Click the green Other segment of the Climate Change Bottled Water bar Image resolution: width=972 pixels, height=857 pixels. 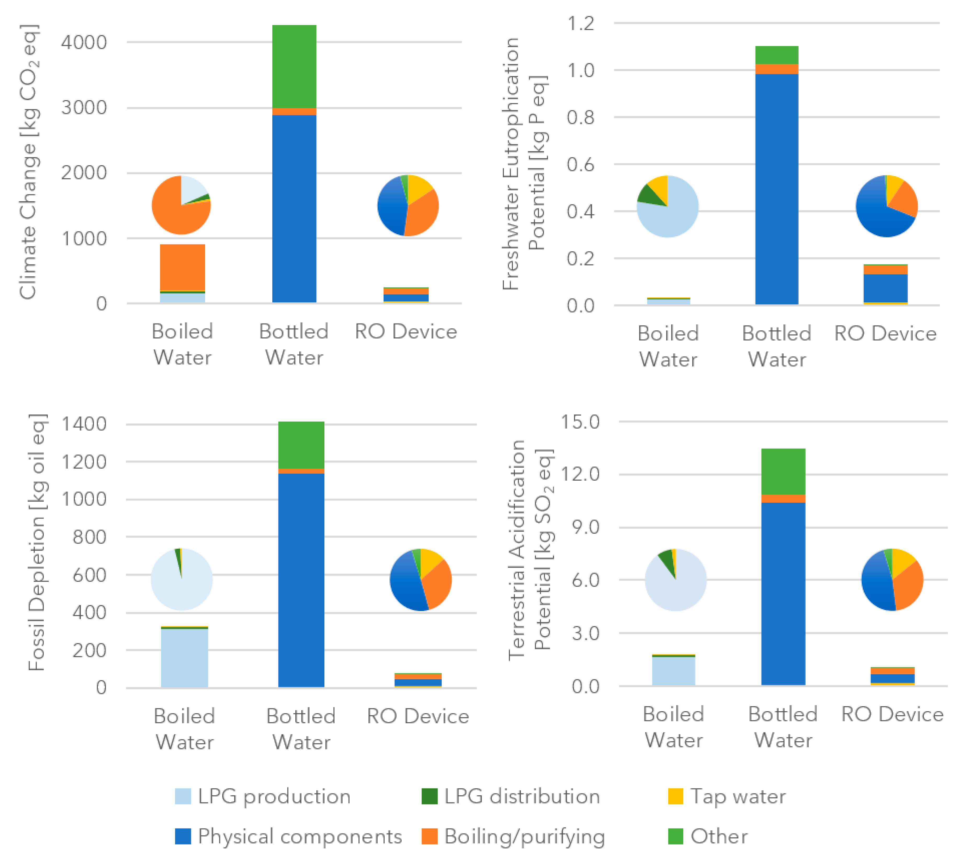[294, 66]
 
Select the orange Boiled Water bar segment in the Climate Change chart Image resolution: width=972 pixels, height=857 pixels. [183, 267]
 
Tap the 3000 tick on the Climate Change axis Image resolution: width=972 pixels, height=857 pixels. [84, 108]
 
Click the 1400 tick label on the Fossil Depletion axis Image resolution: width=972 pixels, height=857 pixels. [84, 424]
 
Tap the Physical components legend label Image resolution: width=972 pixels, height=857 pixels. [300, 836]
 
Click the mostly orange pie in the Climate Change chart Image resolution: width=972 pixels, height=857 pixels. [181, 205]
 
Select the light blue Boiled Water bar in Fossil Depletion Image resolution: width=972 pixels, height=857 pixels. [184, 658]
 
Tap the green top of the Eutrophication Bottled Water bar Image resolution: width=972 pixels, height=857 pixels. [777, 55]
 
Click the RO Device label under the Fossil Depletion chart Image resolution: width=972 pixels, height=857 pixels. [418, 716]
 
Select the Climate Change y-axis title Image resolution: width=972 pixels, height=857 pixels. [30, 162]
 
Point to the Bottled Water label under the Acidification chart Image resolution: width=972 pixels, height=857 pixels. [783, 727]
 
